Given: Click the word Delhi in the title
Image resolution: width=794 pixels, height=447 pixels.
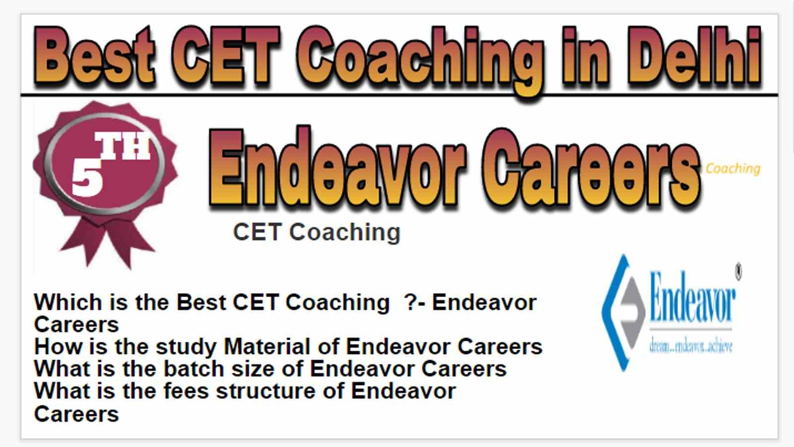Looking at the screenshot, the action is pyautogui.click(x=694, y=56).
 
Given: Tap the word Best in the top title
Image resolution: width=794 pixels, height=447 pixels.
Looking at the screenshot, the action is pyautogui.click(x=94, y=56).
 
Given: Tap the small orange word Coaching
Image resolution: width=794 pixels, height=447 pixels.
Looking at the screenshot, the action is pyautogui.click(x=733, y=168).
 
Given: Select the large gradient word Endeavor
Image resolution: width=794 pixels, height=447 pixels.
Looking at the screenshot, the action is pyautogui.click(x=337, y=167).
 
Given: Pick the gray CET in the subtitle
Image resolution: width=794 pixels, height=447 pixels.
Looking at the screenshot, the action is pyautogui.click(x=258, y=232).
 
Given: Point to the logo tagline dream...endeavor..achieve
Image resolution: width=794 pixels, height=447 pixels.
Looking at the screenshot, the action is pyautogui.click(x=690, y=346).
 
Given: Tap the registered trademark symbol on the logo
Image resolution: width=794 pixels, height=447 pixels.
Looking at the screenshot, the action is pyautogui.click(x=738, y=272).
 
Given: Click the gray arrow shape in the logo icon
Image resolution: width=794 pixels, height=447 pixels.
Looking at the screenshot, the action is pyautogui.click(x=633, y=312).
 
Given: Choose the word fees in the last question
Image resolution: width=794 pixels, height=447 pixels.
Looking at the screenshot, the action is pyautogui.click(x=186, y=391).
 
